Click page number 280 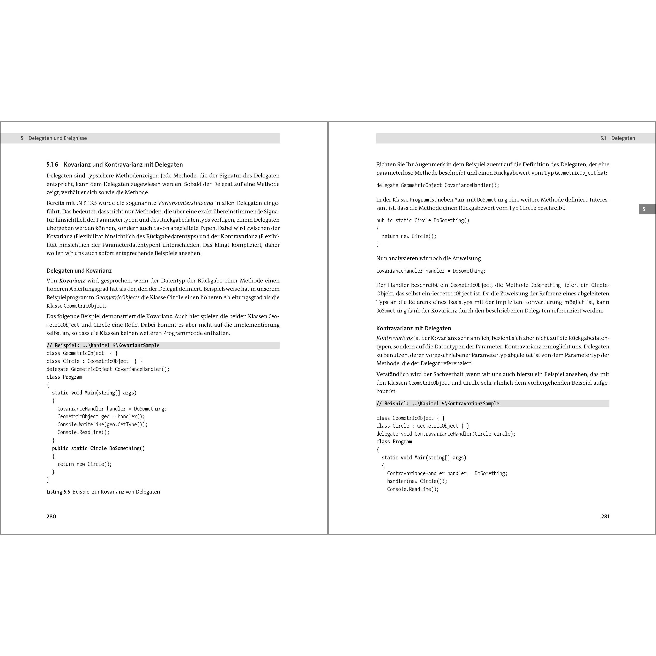pyautogui.click(x=51, y=517)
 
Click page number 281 pyautogui.click(x=605, y=517)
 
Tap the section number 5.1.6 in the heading pyautogui.click(x=52, y=165)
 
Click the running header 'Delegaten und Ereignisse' pyautogui.click(x=57, y=138)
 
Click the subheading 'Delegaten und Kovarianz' pyautogui.click(x=79, y=271)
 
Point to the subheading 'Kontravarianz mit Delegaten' pyautogui.click(x=414, y=328)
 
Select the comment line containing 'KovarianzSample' pyautogui.click(x=103, y=345)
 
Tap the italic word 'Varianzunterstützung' pyautogui.click(x=185, y=203)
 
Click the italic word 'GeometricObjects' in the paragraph pyautogui.click(x=117, y=297)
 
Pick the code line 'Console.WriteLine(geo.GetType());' pyautogui.click(x=102, y=424)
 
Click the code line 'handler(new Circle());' pyautogui.click(x=417, y=481)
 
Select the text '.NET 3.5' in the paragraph pyautogui.click(x=87, y=203)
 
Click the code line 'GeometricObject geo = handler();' pyautogui.click(x=101, y=417)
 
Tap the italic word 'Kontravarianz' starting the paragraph pyautogui.click(x=394, y=338)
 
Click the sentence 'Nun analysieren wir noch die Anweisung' pyautogui.click(x=428, y=258)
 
